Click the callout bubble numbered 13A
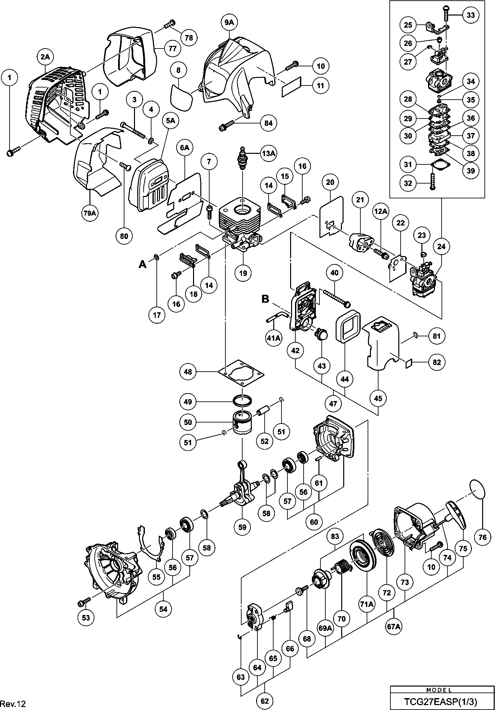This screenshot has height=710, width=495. pyautogui.click(x=268, y=153)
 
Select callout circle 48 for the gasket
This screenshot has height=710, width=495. pyautogui.click(x=188, y=372)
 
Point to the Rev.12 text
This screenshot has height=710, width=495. pyautogui.click(x=13, y=704)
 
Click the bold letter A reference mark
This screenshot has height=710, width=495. pyautogui.click(x=143, y=264)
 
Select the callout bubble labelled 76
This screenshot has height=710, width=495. pyautogui.click(x=482, y=537)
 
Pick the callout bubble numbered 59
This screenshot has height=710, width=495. pyautogui.click(x=242, y=527)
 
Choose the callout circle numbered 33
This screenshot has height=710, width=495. pyautogui.click(x=471, y=15)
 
